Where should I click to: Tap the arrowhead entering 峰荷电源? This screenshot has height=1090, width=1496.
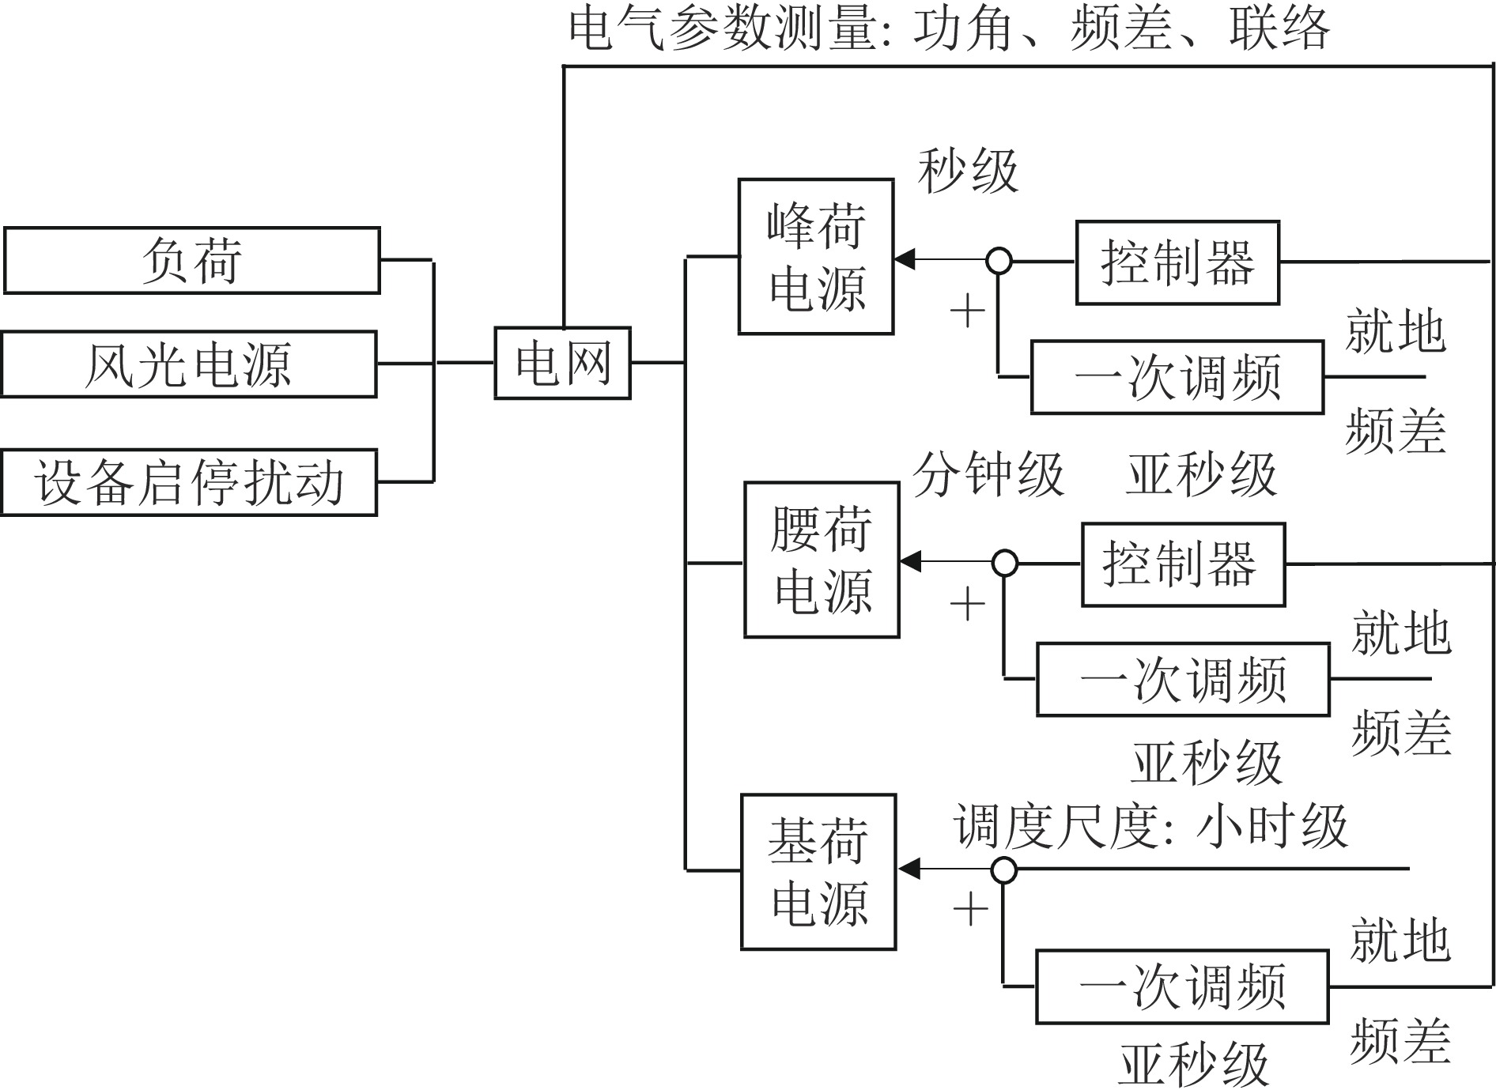905,259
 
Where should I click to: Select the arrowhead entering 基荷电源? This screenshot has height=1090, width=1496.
909,869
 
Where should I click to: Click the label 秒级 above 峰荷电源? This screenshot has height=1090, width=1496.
968,172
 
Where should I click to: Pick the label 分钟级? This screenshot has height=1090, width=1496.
988,475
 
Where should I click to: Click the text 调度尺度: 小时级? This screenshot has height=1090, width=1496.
1150,827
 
